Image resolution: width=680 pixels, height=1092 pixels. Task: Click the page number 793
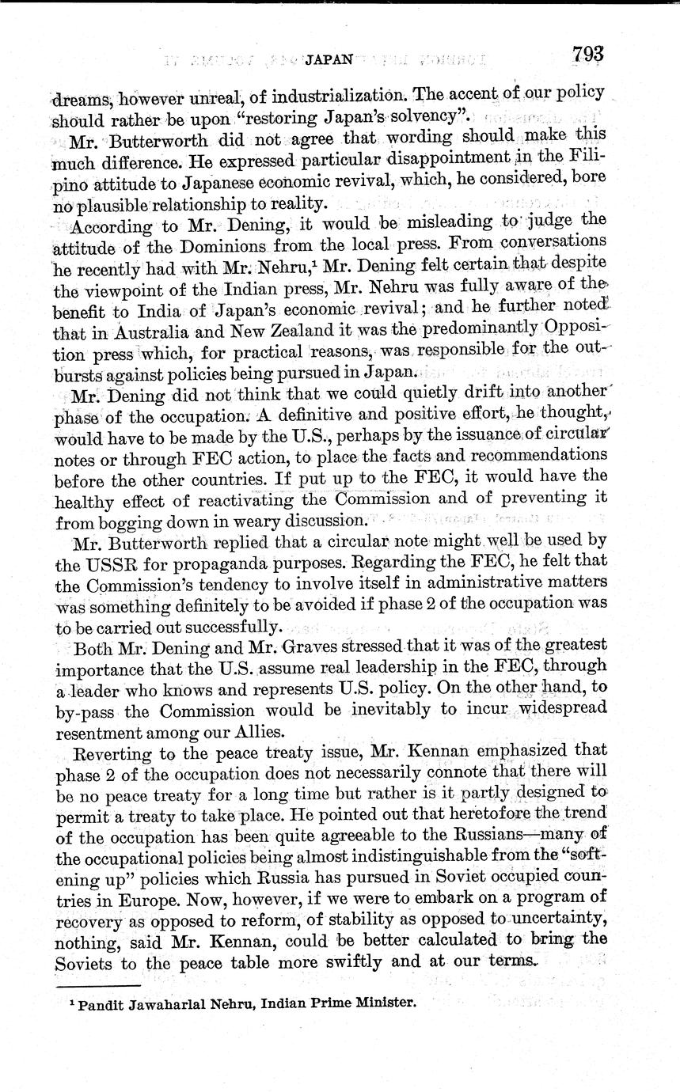(x=587, y=54)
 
